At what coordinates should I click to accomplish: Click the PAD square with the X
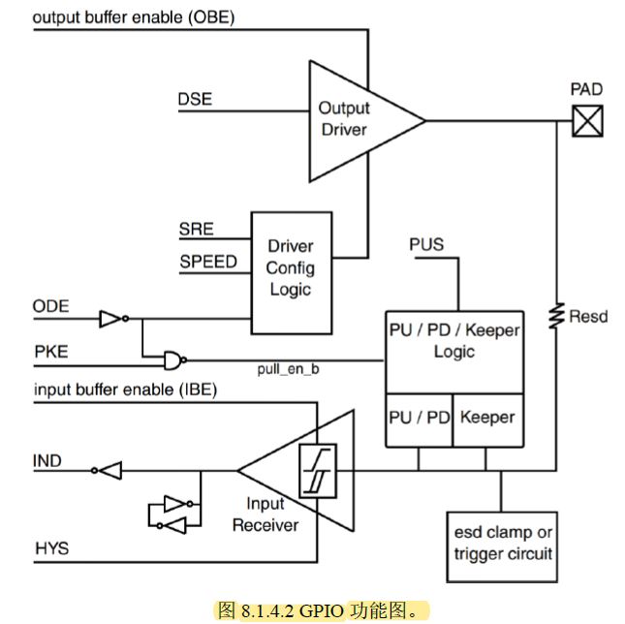point(587,121)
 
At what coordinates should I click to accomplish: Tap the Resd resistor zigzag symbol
point(556,316)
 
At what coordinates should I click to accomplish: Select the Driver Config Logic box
point(292,273)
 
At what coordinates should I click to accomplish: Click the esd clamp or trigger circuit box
point(502,546)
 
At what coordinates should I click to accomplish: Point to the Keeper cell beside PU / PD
point(488,420)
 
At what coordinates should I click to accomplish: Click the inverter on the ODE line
point(114,319)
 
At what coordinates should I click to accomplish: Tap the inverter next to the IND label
point(107,471)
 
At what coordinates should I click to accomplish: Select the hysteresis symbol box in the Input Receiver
point(318,471)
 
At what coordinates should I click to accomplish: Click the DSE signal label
point(195,99)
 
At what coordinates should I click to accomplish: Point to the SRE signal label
point(196,229)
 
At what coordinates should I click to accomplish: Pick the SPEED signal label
point(208,262)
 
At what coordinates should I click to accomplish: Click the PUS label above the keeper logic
point(426,244)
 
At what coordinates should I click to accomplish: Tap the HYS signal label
point(51,548)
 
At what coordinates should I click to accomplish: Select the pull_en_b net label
point(288,369)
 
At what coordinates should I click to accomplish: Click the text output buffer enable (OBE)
point(134,17)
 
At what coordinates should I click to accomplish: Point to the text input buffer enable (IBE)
point(126,390)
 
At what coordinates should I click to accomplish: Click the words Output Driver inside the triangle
point(344,119)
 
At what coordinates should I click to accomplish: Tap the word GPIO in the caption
point(322,610)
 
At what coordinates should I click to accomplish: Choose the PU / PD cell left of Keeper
point(420,420)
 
